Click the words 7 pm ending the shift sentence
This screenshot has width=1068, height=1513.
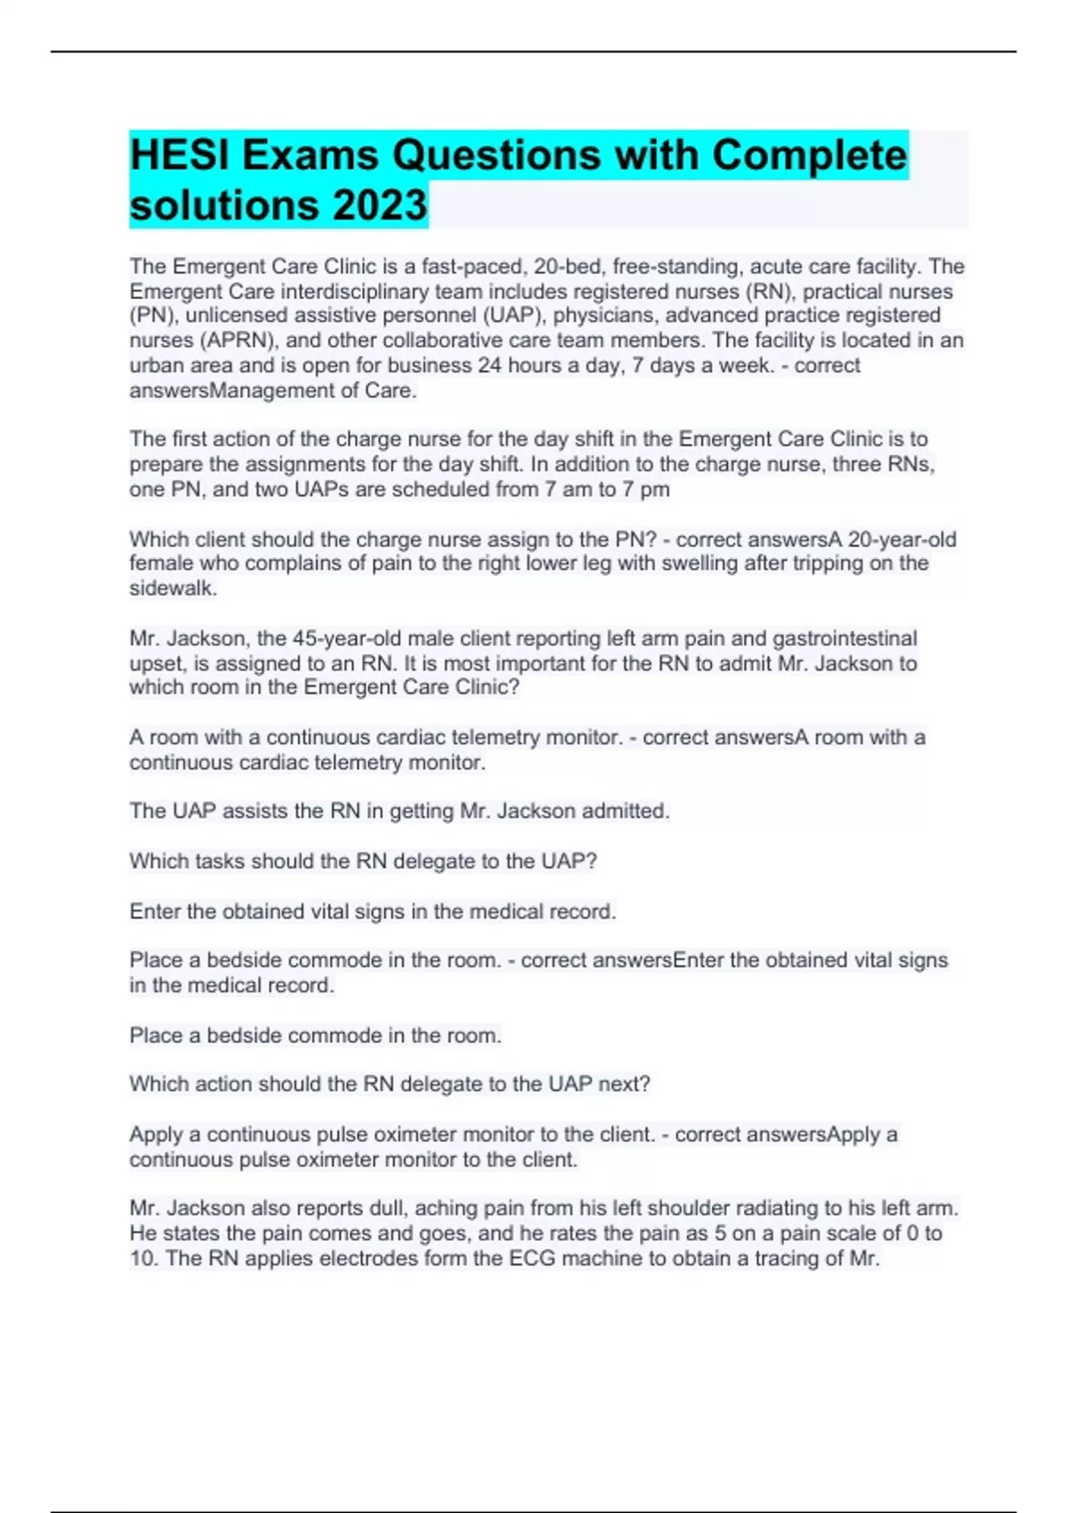coord(647,489)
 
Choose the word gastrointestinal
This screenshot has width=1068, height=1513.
coord(845,639)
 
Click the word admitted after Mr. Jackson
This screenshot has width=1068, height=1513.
coord(625,812)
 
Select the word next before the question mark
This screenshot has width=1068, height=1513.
coord(623,1084)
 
